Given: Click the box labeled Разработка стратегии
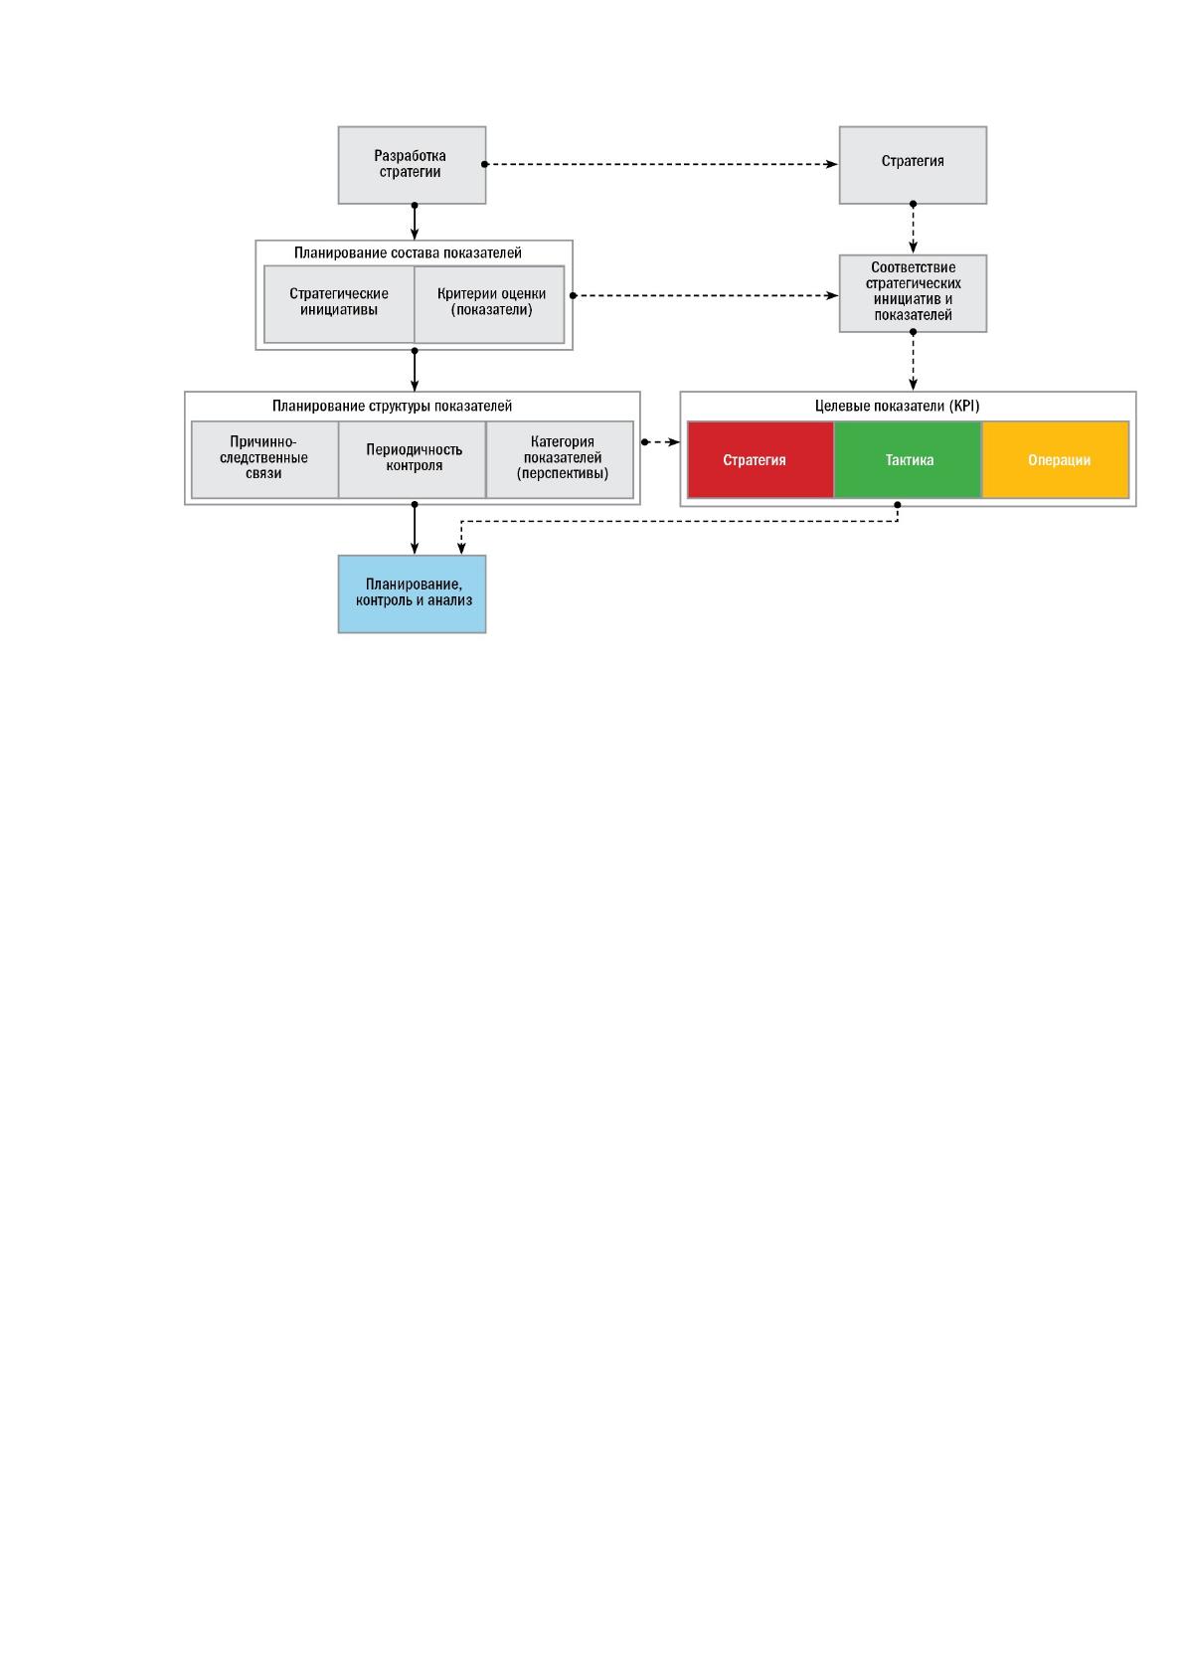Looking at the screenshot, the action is (x=412, y=165).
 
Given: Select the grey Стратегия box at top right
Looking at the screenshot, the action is (x=913, y=165).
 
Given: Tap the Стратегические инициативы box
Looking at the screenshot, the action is (x=339, y=305).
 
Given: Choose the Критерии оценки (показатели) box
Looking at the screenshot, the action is (x=489, y=305).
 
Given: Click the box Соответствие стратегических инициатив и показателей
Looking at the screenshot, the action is (x=913, y=293).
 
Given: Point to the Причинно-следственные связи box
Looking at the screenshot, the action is (x=265, y=459).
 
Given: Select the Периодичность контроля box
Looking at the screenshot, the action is (x=413, y=459).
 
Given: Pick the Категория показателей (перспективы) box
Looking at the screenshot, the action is (x=560, y=459).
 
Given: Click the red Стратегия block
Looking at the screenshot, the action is (x=761, y=459).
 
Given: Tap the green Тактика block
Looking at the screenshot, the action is (x=908, y=459).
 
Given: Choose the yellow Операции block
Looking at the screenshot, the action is (x=1056, y=459).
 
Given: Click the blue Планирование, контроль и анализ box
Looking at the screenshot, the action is (x=412, y=594).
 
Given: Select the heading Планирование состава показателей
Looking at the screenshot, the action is (x=408, y=253).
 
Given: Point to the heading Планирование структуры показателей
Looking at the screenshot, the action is (x=392, y=406).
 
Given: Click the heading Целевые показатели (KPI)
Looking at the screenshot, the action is (x=897, y=406).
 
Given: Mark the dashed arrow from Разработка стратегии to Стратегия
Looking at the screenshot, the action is (x=661, y=164).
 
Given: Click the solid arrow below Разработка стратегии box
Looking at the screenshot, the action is (x=415, y=222).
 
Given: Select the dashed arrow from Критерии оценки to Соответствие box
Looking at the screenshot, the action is (x=706, y=296).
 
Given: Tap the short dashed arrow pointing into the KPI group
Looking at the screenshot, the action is (x=661, y=442).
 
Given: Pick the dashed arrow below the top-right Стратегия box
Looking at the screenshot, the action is (x=913, y=228).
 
